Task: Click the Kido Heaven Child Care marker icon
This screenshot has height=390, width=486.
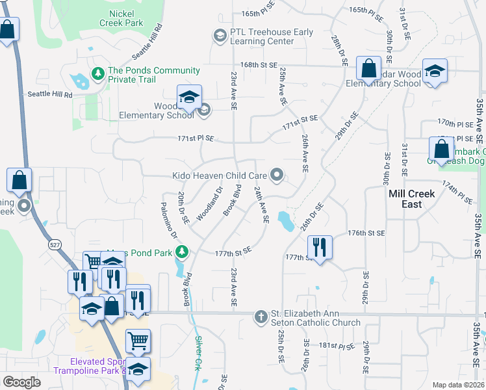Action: (x=277, y=174)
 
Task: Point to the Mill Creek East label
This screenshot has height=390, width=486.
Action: (x=411, y=199)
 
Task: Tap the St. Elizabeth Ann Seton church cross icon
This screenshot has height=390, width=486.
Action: (x=261, y=317)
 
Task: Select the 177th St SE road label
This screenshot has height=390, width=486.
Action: (x=233, y=251)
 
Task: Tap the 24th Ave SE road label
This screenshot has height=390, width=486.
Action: (x=261, y=204)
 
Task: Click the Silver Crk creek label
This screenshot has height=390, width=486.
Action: (x=198, y=353)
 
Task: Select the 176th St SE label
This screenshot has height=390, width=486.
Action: (x=366, y=232)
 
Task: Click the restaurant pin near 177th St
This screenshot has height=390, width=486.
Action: (x=319, y=247)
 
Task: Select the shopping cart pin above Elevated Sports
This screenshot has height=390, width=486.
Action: (x=138, y=339)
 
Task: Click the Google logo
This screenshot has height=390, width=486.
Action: (x=22, y=382)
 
